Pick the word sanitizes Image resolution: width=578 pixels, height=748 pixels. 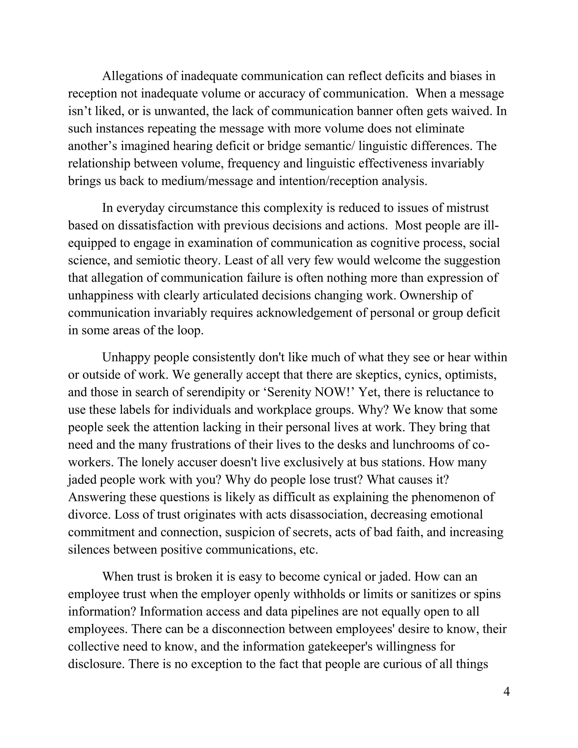430,594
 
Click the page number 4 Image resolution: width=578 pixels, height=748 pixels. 506,692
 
